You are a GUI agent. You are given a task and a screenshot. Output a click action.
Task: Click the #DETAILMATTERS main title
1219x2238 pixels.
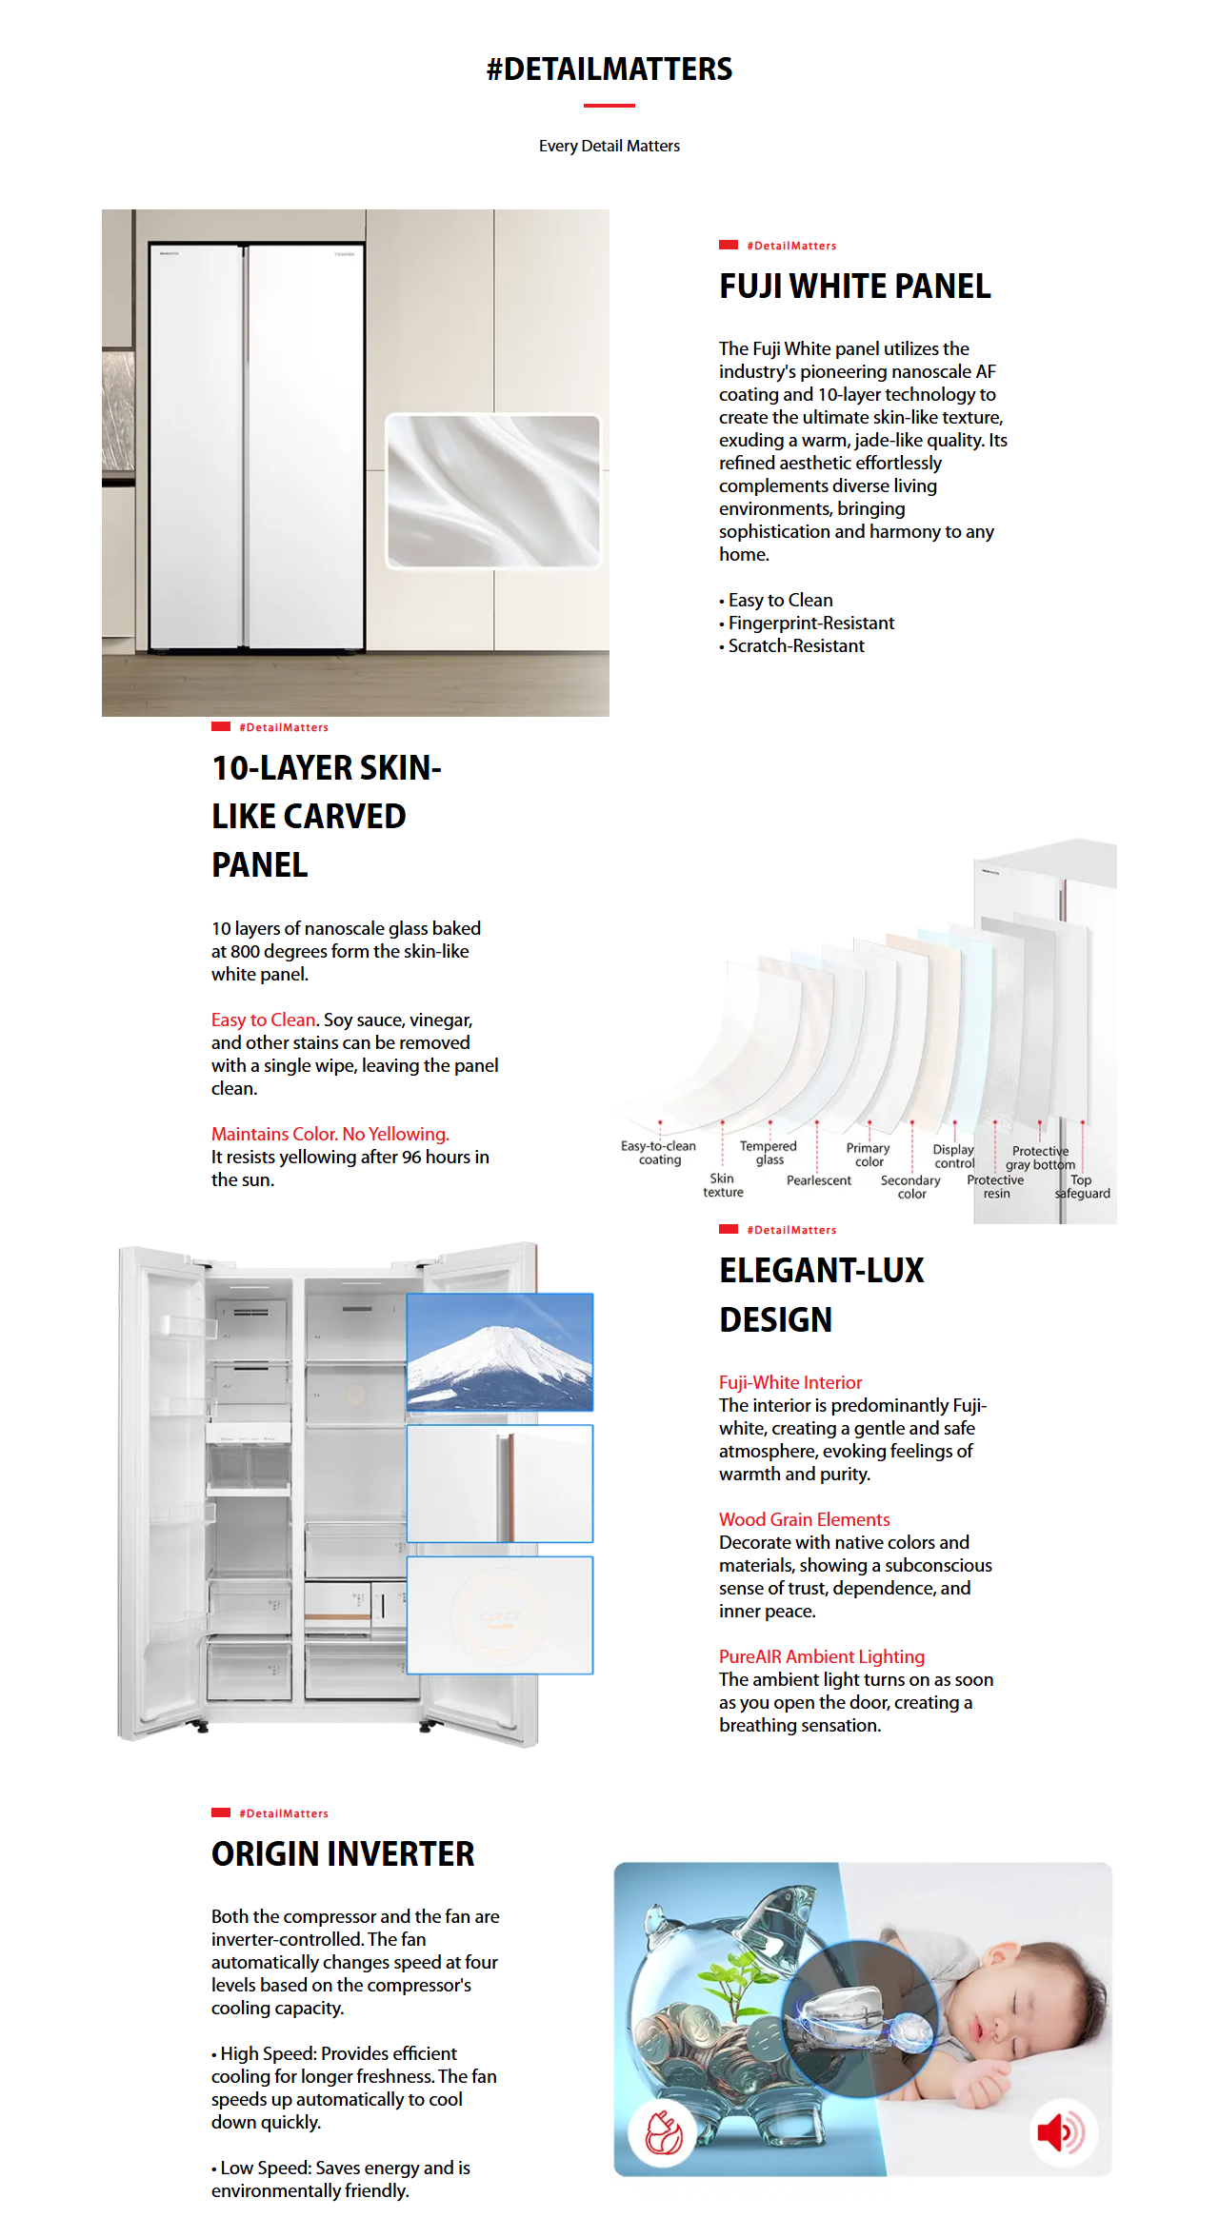(609, 69)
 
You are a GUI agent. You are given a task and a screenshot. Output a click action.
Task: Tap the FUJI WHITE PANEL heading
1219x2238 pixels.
(854, 287)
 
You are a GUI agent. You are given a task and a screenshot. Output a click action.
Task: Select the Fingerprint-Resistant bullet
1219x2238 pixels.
(811, 624)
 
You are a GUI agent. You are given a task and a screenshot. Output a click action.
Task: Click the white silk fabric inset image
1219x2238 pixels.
(493, 491)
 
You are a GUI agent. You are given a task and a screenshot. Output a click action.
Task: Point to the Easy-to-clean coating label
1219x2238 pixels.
(659, 1153)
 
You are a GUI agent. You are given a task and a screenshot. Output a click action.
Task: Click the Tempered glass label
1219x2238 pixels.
(769, 1153)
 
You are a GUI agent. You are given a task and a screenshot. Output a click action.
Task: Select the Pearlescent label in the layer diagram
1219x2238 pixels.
(819, 1180)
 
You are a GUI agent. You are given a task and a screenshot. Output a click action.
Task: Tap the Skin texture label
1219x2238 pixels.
(723, 1185)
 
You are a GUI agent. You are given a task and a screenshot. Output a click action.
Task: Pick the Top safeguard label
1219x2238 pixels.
(1082, 1186)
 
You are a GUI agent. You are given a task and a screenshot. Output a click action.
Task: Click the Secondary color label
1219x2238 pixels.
(910, 1187)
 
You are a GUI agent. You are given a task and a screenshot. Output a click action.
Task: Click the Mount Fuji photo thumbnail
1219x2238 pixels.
(500, 1352)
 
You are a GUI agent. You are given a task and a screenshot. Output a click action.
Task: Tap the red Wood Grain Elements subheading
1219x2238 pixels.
(804, 1519)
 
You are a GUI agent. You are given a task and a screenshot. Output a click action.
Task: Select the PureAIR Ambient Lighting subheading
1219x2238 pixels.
(821, 1656)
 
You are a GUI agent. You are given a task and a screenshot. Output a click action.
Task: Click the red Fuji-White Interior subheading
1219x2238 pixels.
(789, 1382)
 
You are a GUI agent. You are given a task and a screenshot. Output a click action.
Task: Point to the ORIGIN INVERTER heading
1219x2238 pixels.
(343, 1854)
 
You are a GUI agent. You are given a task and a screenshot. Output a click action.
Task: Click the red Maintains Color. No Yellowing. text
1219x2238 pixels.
(330, 1134)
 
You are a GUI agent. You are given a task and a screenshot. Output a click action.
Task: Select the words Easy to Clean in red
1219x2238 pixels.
(263, 1020)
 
